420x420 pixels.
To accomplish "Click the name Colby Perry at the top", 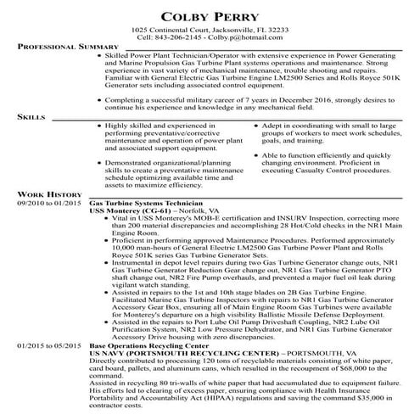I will click(209, 14).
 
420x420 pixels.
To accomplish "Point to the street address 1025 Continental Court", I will click(171, 29).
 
